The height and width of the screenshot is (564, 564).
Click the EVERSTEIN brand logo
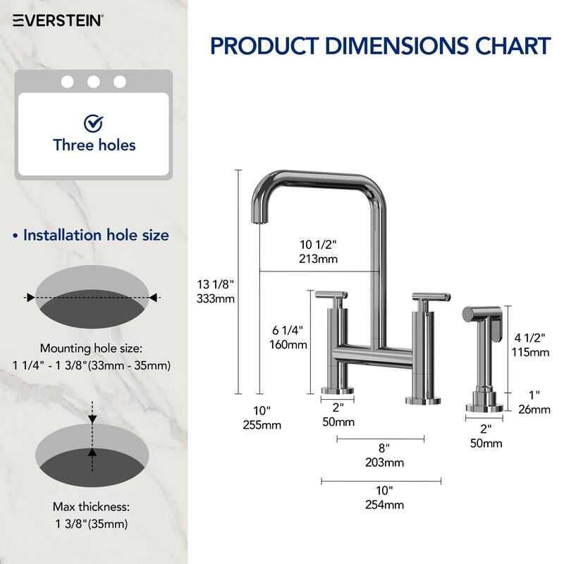pos(59,20)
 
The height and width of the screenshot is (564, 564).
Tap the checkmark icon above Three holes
pos(93,124)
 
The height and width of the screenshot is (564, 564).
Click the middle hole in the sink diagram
pos(93,82)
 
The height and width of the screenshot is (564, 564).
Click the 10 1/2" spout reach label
pos(318,245)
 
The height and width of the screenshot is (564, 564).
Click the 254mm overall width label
pos(384,504)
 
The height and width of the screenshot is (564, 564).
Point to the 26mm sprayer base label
pos(532,409)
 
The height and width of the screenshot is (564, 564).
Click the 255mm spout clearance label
pos(262,424)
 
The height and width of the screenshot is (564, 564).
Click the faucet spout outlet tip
pos(258,221)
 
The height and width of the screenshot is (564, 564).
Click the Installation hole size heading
pos(96,235)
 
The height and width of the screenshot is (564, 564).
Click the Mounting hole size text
pos(91,348)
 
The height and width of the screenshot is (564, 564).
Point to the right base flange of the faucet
pos(422,400)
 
